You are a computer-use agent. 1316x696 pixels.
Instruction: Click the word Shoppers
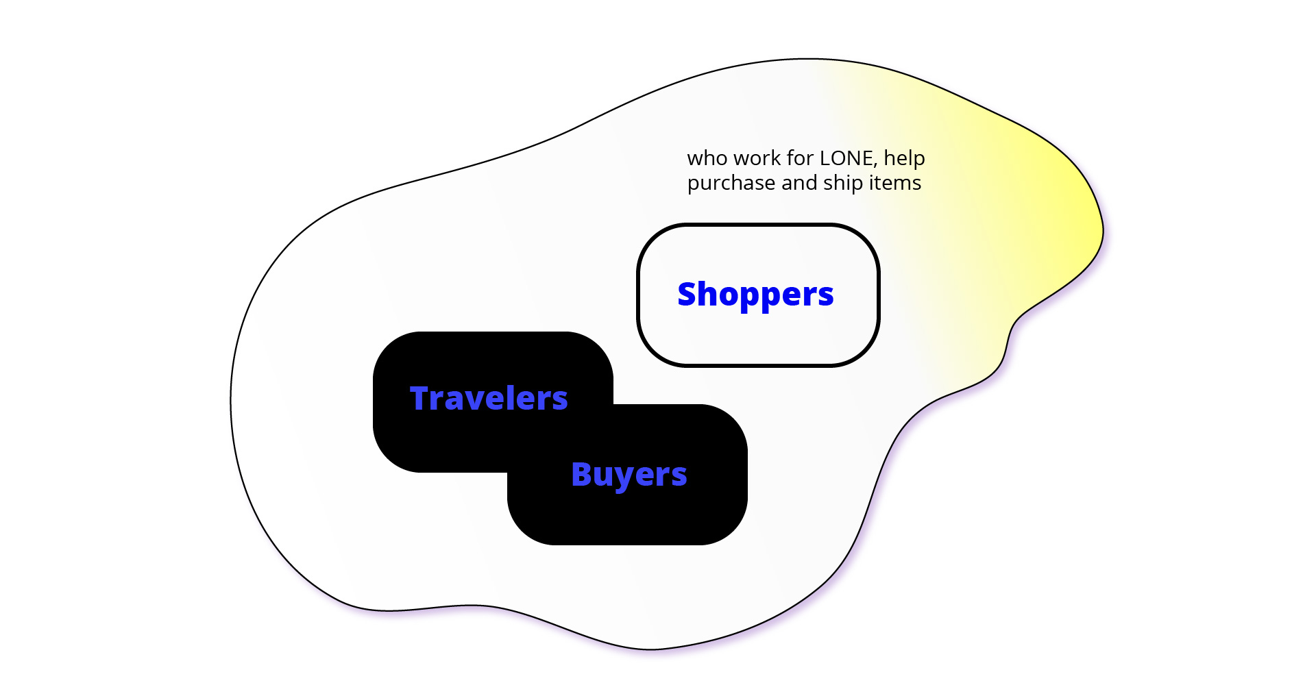click(755, 295)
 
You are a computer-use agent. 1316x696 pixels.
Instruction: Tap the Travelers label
click(489, 398)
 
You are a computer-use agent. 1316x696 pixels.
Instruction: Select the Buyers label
click(629, 475)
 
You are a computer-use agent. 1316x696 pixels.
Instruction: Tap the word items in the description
click(895, 183)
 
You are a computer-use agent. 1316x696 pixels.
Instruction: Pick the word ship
click(843, 184)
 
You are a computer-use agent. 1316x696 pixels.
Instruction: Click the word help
click(904, 159)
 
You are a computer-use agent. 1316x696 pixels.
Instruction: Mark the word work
click(757, 158)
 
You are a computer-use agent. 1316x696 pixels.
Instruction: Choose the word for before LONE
click(801, 158)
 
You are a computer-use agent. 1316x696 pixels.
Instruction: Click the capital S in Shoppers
click(687, 294)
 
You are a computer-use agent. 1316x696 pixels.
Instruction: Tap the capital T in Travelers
click(420, 398)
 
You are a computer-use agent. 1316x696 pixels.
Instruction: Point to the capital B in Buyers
click(582, 473)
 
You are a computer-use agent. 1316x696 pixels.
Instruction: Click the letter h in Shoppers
click(710, 293)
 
